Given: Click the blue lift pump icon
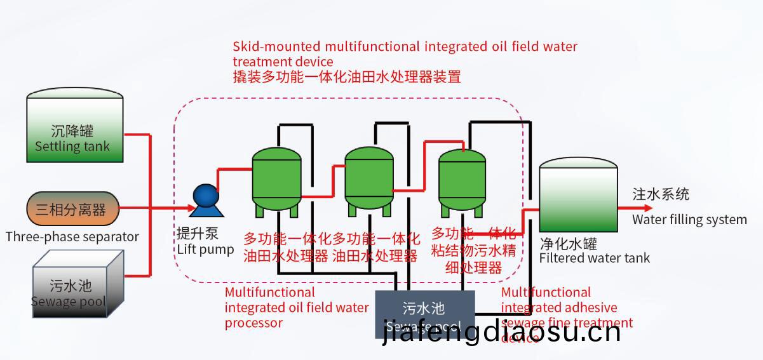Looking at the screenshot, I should [x=206, y=197].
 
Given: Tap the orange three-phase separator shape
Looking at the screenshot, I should [x=72, y=209].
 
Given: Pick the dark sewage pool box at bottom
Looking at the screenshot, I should [x=424, y=312].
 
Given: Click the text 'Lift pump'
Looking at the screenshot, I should [x=205, y=250].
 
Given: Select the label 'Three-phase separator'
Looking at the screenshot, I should [x=72, y=237].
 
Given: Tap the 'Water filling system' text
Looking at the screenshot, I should [x=689, y=220].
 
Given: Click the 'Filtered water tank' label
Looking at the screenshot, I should [x=594, y=258].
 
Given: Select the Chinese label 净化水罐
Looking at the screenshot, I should [x=568, y=244].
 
